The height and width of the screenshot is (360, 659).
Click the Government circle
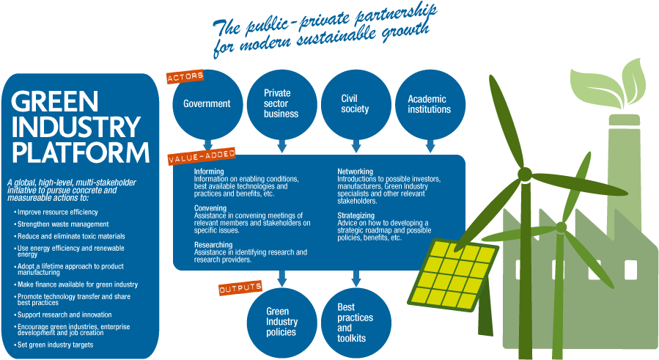click(x=207, y=104)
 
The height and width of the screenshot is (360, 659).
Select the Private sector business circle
click(x=281, y=104)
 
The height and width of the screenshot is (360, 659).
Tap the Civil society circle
click(x=356, y=104)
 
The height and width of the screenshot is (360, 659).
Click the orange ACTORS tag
click(x=185, y=76)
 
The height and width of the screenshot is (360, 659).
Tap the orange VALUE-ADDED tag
click(x=201, y=156)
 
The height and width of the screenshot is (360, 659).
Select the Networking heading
click(x=355, y=172)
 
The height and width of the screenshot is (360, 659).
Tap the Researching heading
click(x=213, y=245)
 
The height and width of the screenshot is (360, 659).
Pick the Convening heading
click(x=210, y=208)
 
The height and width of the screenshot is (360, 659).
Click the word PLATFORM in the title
click(x=81, y=153)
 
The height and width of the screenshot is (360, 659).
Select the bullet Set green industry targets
click(x=56, y=345)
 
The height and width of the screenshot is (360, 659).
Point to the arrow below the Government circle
click(x=207, y=146)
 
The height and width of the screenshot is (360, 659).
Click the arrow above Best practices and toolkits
click(x=356, y=279)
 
